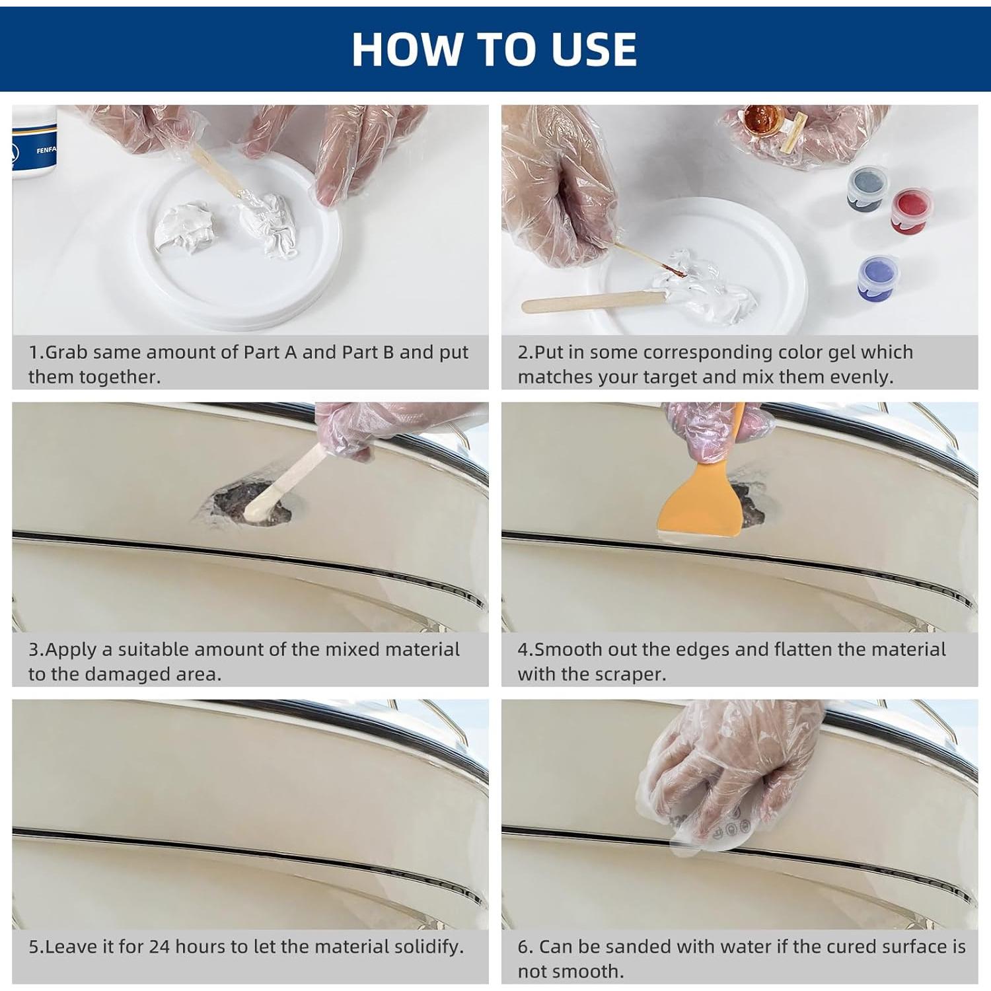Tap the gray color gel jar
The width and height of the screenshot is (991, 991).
pyautogui.click(x=866, y=188)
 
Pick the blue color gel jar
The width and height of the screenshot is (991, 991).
pyautogui.click(x=877, y=277)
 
